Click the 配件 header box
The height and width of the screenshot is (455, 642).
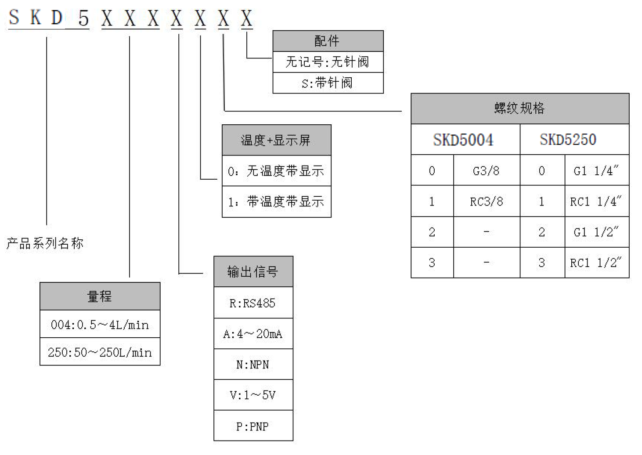(328, 41)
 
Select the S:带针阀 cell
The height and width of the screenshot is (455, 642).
(328, 83)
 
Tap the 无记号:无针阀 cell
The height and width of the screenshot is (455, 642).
(328, 62)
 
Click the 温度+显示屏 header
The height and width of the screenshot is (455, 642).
(276, 140)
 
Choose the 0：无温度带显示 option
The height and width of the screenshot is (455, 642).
(276, 171)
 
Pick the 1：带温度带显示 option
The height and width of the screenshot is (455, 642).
(276, 202)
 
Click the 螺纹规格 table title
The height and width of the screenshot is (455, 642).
(519, 108)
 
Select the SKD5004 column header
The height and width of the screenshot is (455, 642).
(465, 140)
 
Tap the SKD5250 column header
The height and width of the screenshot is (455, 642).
(568, 140)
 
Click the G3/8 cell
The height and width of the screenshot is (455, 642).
(486, 170)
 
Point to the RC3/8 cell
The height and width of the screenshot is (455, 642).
(486, 202)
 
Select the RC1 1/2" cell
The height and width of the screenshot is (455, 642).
(596, 263)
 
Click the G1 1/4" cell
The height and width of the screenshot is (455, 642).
(596, 170)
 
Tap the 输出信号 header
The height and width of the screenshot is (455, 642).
(253, 272)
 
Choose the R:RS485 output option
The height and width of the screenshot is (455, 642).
(253, 303)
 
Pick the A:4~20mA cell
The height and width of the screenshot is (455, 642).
(253, 334)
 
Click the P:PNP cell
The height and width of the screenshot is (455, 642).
(253, 426)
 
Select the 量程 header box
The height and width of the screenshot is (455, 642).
(100, 296)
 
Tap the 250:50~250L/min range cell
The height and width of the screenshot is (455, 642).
(100, 352)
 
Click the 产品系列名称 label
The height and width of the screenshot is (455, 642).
(45, 243)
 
